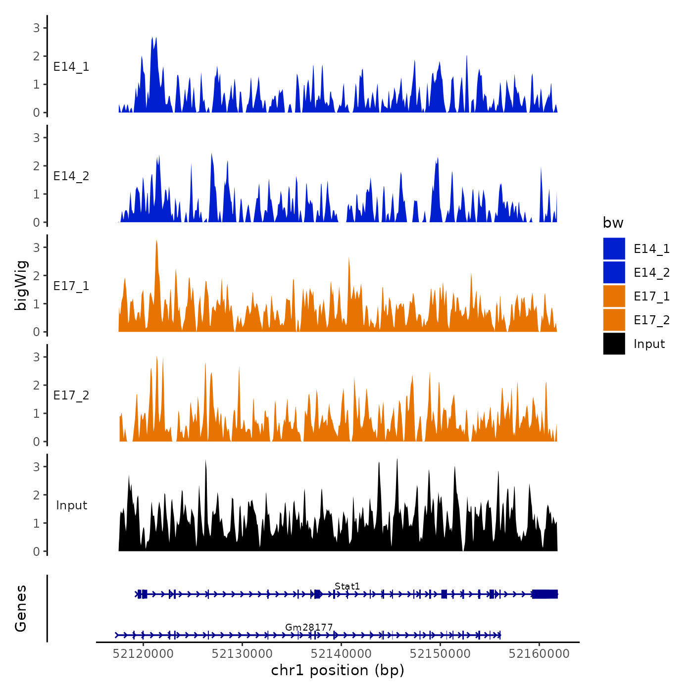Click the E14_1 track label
tap(71, 67)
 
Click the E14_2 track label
tap(71, 176)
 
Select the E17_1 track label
tap(71, 286)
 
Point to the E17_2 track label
tap(71, 396)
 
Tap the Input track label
tap(71, 505)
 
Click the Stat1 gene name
tap(347, 587)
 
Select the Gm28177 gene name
tap(309, 628)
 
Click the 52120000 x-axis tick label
tap(143, 654)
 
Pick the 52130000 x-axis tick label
tap(242, 654)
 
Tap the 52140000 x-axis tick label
tap(341, 654)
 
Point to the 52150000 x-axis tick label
tap(440, 654)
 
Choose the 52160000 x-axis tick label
tap(539, 654)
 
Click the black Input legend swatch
tap(614, 344)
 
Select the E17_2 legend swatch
tap(614, 320)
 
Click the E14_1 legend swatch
tap(614, 249)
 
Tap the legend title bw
tap(613, 223)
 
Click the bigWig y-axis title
tap(21, 285)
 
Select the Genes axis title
tap(21, 608)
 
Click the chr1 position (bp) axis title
tap(338, 671)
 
